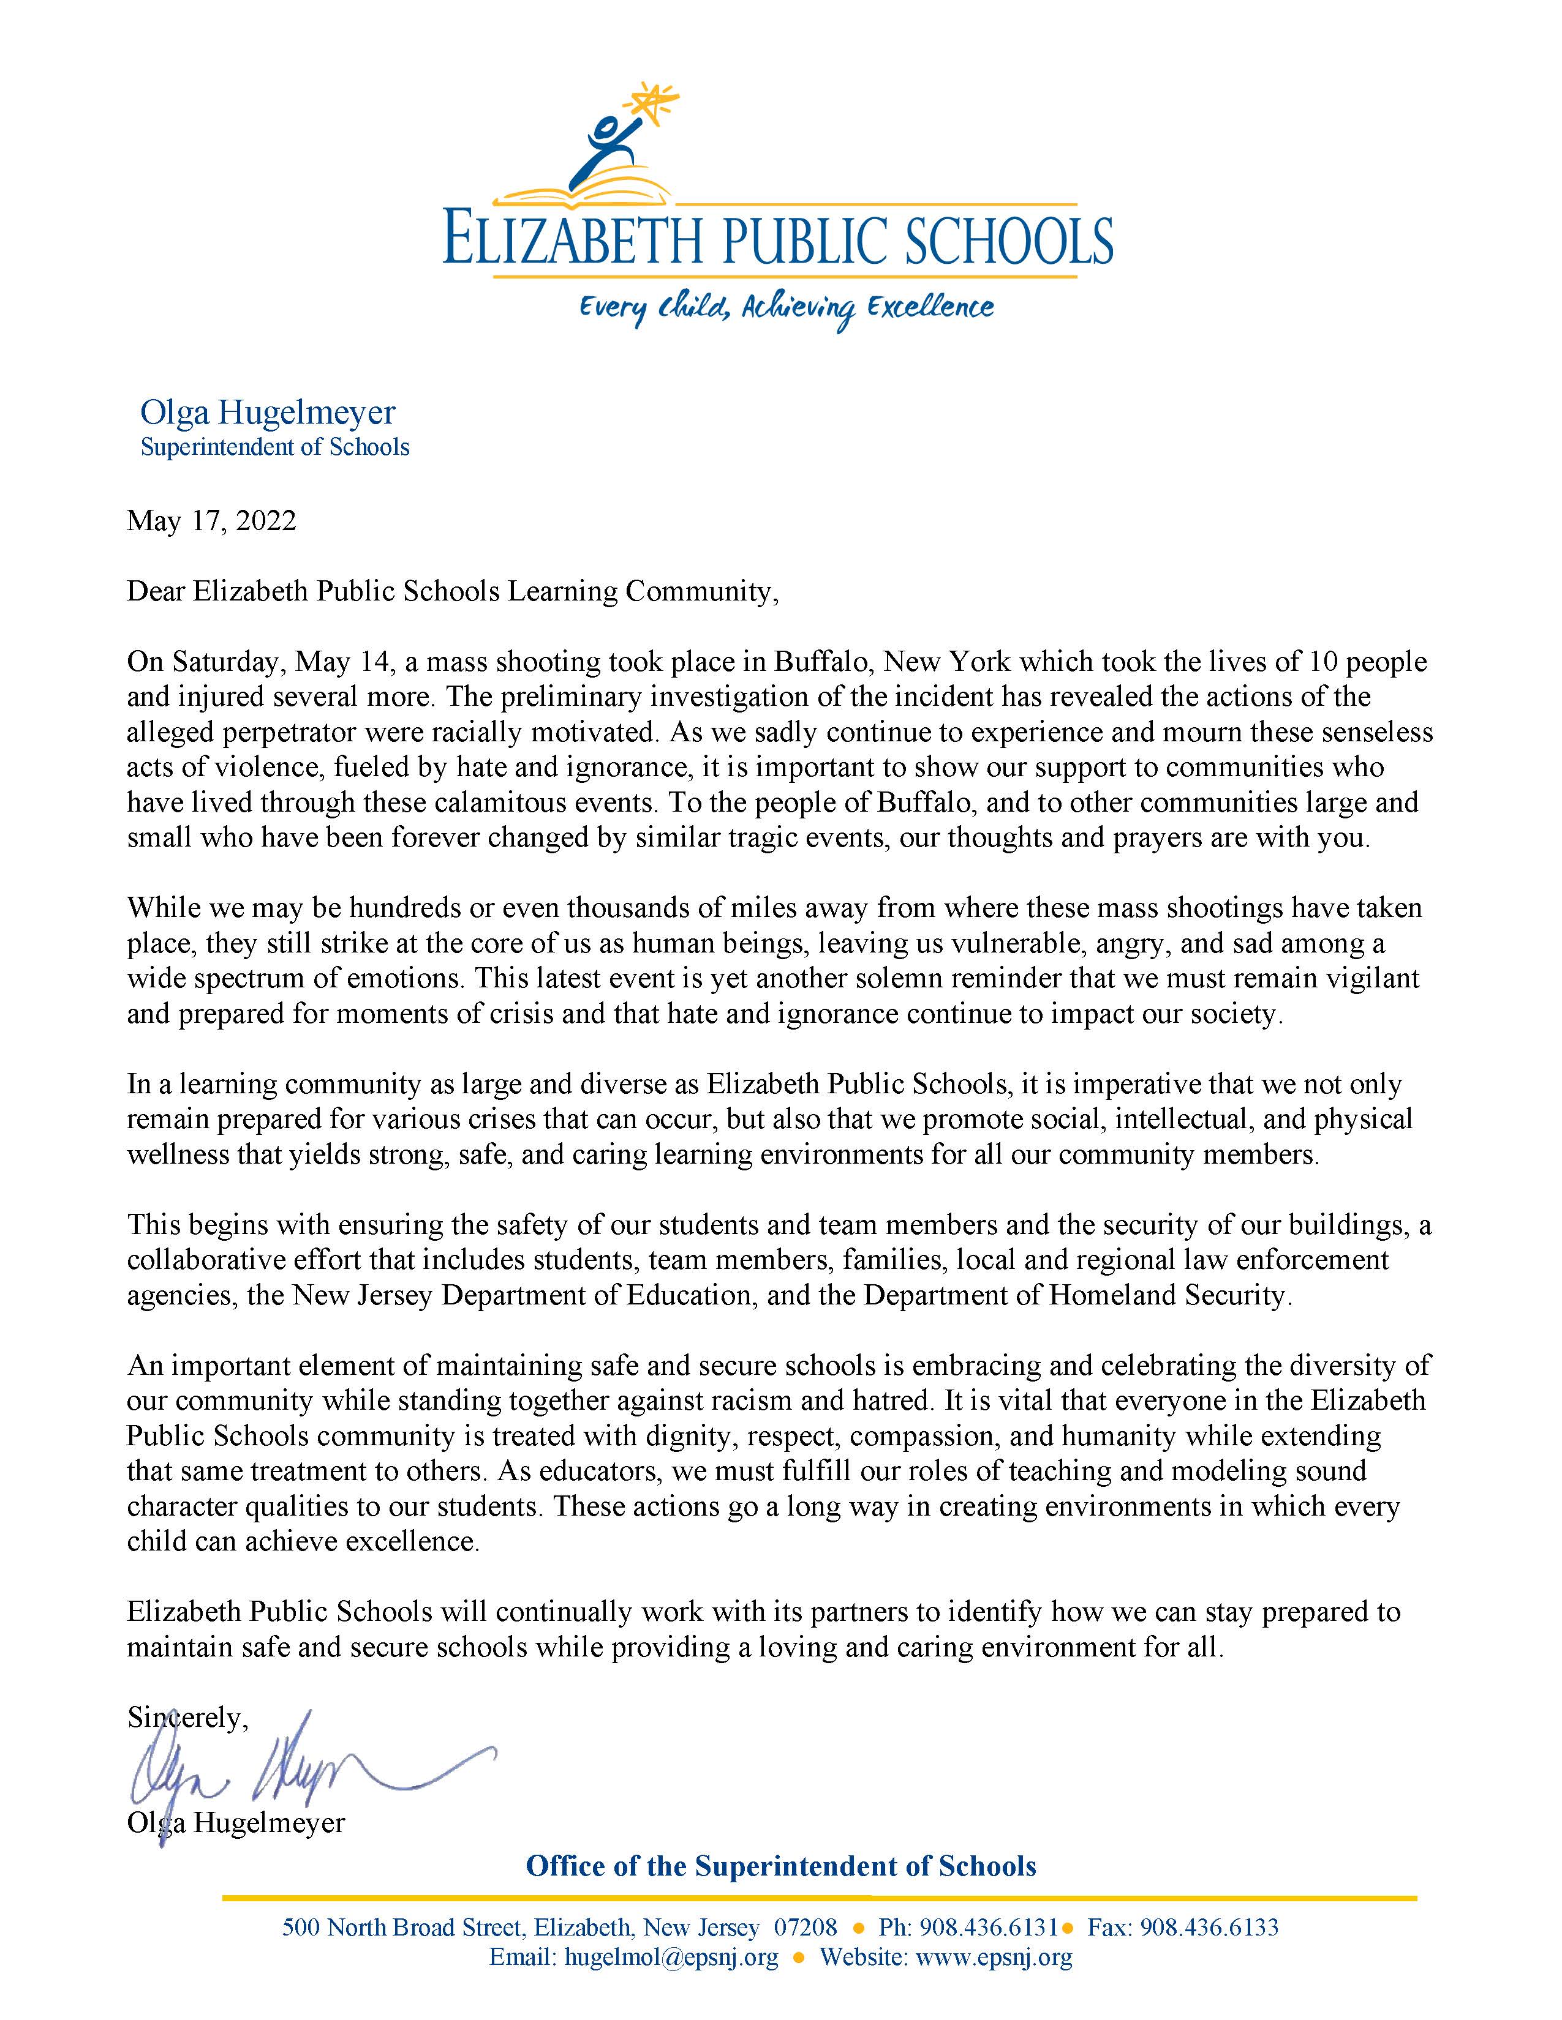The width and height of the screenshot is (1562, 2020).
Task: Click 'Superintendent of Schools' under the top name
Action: tap(275, 447)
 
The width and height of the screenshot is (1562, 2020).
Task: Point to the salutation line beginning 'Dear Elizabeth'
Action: tap(453, 591)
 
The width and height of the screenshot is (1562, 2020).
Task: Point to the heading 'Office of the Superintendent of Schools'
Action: tap(781, 1866)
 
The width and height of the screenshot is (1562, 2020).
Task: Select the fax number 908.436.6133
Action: tap(1209, 1928)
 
